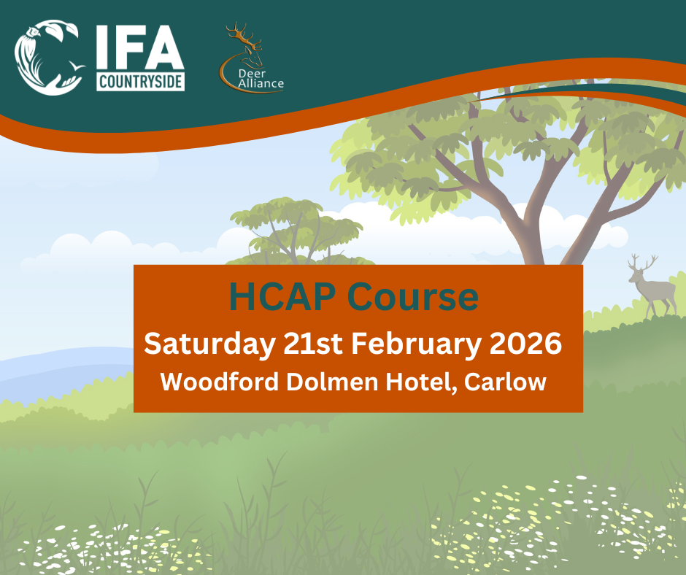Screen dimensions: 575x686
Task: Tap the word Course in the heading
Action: point(413,298)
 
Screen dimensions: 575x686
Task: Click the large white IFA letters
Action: point(140,49)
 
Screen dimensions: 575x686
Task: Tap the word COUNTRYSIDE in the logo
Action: point(140,82)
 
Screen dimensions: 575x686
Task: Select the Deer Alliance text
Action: point(261,79)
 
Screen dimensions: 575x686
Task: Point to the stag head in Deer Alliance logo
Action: point(244,42)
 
